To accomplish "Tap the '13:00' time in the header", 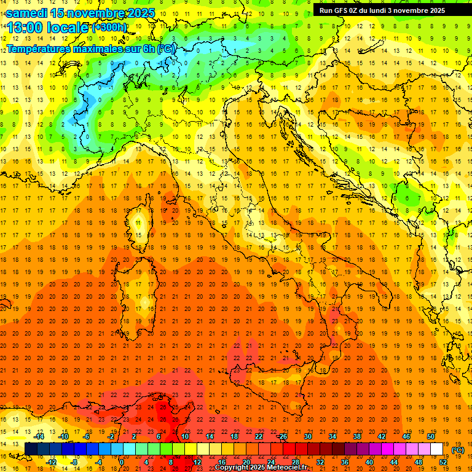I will [24, 28].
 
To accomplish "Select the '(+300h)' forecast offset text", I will [109, 28].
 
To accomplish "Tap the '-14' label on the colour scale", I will [39, 436].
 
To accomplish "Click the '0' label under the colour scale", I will [122, 462].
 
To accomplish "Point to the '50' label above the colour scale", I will [431, 436].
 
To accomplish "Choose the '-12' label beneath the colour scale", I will [52, 462].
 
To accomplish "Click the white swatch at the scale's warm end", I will [437, 449].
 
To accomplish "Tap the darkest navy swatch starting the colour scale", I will [31, 449].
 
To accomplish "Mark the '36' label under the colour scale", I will [345, 462].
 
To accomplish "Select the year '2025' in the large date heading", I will [140, 13].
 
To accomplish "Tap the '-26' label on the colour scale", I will [282, 436].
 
